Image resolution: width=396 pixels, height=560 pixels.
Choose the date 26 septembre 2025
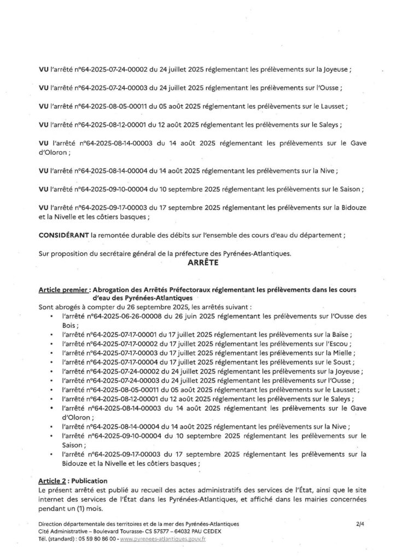[x=120, y=306]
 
